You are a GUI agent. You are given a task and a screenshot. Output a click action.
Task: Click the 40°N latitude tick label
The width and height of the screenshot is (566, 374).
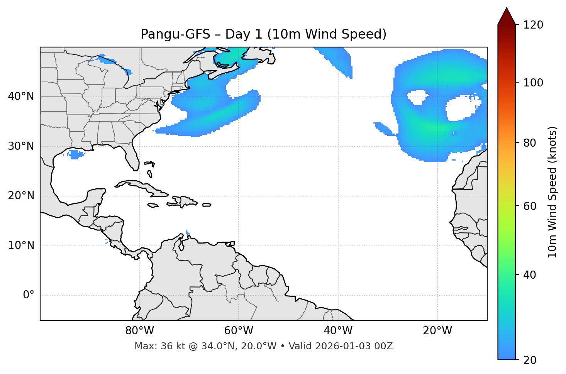click(x=21, y=96)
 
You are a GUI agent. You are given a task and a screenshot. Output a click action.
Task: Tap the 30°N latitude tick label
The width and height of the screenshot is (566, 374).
click(x=21, y=146)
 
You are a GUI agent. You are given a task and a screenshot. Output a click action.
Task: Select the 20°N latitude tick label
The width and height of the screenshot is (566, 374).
click(x=21, y=196)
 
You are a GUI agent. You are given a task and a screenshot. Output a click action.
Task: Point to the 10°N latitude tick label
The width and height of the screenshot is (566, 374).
click(x=21, y=245)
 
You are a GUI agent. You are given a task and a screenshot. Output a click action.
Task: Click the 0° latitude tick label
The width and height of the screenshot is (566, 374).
click(x=29, y=295)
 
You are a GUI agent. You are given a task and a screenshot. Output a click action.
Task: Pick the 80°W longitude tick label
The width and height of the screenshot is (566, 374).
click(x=139, y=331)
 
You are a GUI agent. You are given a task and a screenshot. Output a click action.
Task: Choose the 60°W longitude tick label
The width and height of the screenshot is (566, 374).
click(x=239, y=331)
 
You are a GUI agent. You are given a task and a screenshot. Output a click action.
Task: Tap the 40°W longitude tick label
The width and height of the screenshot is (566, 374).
click(x=338, y=331)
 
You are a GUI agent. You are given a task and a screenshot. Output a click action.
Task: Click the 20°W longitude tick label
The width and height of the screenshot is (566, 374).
click(x=437, y=331)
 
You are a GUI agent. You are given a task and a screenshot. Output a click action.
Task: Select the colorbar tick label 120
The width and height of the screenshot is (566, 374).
click(x=533, y=25)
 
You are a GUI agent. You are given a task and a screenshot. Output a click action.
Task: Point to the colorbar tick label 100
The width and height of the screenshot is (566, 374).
click(x=533, y=83)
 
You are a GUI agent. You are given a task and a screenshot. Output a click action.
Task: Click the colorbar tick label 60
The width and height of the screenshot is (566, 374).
click(x=530, y=206)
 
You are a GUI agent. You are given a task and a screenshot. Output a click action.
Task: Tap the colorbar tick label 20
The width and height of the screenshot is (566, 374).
click(x=530, y=360)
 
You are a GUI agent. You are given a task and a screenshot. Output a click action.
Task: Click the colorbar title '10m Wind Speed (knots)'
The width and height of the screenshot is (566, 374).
click(x=552, y=192)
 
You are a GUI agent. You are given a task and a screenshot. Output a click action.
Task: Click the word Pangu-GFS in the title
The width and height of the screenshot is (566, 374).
click(x=175, y=34)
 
